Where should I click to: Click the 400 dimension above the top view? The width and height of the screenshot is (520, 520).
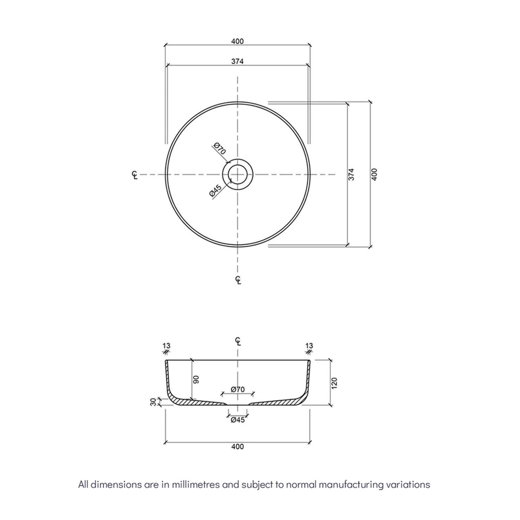pos(237,41)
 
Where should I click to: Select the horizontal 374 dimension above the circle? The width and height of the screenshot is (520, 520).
pos(237,61)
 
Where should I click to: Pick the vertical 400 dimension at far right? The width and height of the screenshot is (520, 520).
pos(375,174)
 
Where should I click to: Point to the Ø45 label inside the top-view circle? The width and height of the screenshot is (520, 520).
pos(215,191)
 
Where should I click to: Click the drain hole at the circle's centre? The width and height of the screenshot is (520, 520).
pos(237,174)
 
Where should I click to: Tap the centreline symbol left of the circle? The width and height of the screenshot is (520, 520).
pos(135,175)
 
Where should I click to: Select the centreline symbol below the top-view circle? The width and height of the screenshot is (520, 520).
pos(238,280)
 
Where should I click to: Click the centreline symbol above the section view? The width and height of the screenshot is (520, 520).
pos(238,341)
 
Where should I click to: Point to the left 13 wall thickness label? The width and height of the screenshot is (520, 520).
pos(167,346)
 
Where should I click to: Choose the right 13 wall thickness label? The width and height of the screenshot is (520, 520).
pos(309,346)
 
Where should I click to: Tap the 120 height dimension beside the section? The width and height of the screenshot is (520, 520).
pos(335,383)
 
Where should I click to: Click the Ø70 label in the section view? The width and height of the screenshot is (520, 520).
pos(237,389)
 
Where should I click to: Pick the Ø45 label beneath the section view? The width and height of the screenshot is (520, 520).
pos(237,420)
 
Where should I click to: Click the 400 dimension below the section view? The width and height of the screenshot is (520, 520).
pos(237,446)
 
